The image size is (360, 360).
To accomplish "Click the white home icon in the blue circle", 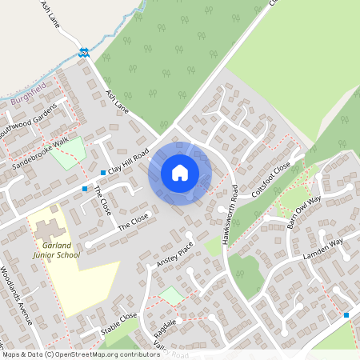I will [180, 172].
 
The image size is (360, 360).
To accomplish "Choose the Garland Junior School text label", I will [57, 249].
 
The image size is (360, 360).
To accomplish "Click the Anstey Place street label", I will [175, 254].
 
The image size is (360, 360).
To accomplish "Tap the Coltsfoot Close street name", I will [270, 181].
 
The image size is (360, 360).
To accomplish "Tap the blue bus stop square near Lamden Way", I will [346, 315].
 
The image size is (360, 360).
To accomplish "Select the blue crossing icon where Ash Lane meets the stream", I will [83, 53].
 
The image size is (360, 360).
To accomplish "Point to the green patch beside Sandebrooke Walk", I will [68, 152].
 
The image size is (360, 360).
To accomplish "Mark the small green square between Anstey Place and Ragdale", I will [170, 296].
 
